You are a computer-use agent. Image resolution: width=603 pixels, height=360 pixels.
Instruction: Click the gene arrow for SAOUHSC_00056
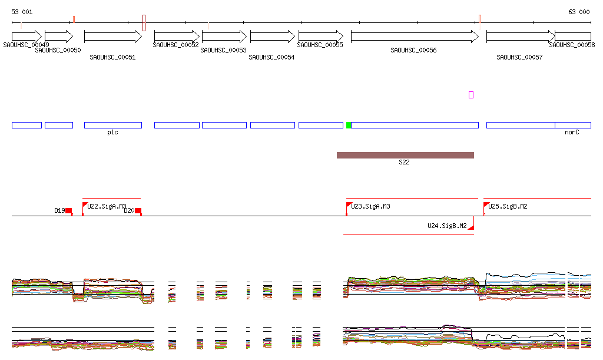(x=415, y=37)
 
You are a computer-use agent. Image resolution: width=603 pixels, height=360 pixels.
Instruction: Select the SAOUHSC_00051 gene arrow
(x=113, y=37)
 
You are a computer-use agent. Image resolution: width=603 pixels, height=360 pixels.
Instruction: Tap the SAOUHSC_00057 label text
(x=519, y=57)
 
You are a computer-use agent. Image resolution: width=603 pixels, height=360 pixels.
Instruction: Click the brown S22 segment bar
(x=405, y=155)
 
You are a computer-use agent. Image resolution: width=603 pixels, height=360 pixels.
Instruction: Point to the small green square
(x=349, y=125)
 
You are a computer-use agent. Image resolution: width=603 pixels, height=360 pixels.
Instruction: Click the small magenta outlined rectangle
(x=471, y=95)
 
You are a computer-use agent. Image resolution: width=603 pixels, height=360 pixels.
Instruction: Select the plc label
(x=112, y=133)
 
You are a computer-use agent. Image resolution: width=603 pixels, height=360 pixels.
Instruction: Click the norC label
(x=572, y=133)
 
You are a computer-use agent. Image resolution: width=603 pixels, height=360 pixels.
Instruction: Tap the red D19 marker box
(x=68, y=210)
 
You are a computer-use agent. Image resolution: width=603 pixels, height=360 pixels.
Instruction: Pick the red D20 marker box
(x=138, y=210)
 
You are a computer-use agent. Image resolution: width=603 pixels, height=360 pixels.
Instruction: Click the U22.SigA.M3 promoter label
(x=107, y=206)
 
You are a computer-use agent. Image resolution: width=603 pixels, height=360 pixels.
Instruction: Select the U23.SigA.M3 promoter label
(x=370, y=206)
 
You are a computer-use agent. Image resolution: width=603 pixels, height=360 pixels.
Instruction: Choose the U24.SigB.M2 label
(x=447, y=226)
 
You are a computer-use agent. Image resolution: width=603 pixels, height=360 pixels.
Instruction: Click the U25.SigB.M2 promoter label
(x=508, y=206)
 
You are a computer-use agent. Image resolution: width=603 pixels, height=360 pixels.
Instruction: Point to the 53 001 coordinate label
(x=22, y=12)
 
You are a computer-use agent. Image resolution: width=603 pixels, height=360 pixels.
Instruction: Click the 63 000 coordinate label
(x=579, y=12)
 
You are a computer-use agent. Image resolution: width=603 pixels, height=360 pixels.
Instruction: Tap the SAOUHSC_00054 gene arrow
(x=272, y=37)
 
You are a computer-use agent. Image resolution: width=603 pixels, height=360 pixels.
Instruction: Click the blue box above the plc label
(x=113, y=125)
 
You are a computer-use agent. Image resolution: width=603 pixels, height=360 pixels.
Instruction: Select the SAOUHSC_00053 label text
(x=223, y=51)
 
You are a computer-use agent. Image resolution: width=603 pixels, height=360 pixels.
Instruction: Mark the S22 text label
(x=404, y=162)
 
